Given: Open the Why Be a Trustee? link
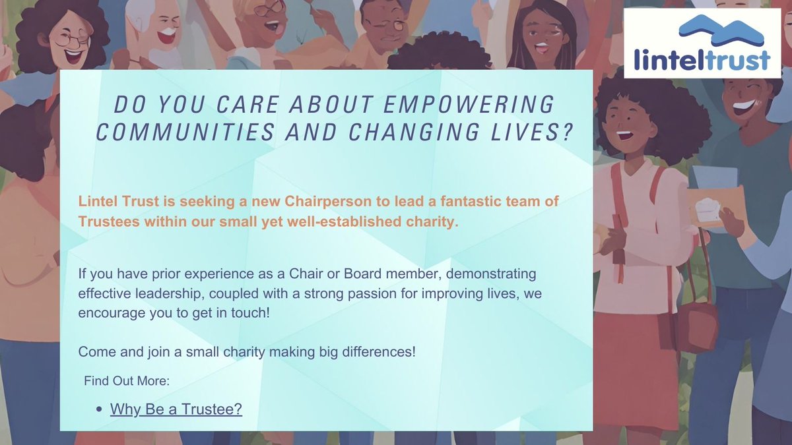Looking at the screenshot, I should pyautogui.click(x=176, y=409).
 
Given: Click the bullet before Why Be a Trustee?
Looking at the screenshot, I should pyautogui.click(x=99, y=410).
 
